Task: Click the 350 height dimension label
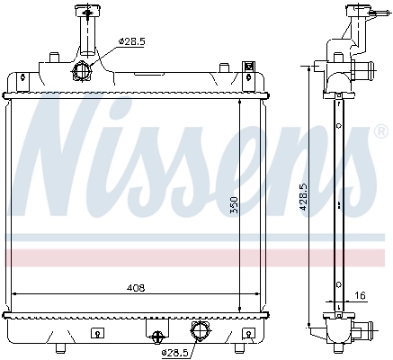point(233,205)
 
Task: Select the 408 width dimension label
point(136,287)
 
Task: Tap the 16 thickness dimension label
point(359,295)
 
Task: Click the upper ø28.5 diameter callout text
point(131,41)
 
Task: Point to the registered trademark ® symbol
point(381,132)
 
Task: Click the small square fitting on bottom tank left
point(96,331)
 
